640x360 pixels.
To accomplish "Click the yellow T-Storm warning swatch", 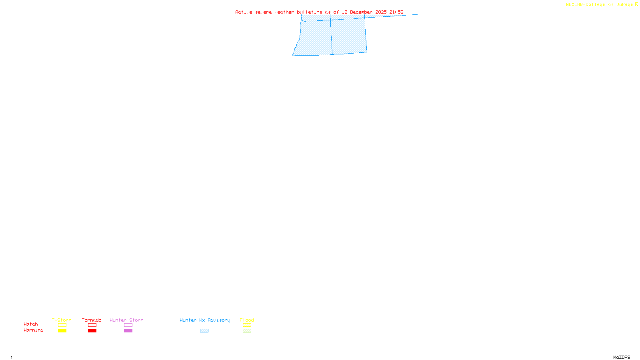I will coord(62,331).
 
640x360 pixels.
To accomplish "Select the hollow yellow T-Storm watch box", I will coord(62,325).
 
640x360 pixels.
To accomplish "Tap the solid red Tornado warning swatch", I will coord(92,331).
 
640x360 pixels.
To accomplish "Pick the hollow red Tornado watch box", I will coord(92,325).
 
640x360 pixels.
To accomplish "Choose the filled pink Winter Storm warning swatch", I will coord(128,331).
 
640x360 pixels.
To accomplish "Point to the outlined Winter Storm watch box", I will coord(128,325).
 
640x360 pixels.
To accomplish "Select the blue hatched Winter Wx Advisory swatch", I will coord(204,331).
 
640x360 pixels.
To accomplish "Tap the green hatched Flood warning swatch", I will coord(247,331).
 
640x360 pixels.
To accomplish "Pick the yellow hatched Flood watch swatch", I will coord(247,325).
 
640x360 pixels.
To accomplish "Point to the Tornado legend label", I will coord(92,320).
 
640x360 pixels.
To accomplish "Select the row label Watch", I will coord(31,324).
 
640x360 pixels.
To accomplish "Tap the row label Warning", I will coord(33,330).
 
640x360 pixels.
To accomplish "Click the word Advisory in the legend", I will coord(219,320).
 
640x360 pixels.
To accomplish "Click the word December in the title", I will coord(361,12).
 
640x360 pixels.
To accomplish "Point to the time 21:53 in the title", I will coord(396,12).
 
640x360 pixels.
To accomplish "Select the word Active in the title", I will coord(244,12).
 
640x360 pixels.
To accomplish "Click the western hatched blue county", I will coord(315,38).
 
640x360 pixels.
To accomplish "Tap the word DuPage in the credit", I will coord(624,4).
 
